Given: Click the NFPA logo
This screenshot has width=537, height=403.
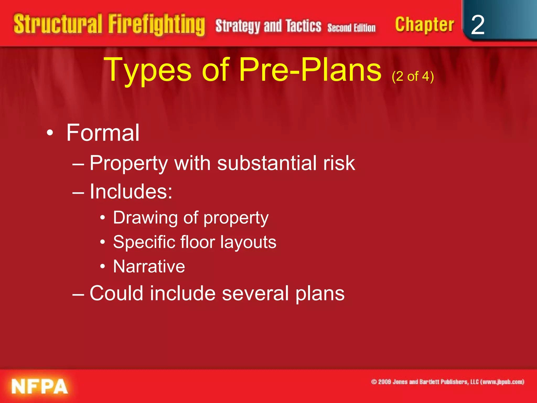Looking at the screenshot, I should pos(39,386).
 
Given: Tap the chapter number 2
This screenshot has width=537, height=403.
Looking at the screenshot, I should pos(477,25).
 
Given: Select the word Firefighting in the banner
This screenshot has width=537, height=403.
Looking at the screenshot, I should pos(157,25).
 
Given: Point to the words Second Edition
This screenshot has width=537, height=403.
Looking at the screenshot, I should pos(351,28).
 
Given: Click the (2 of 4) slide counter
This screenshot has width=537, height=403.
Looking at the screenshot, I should pos(413,76).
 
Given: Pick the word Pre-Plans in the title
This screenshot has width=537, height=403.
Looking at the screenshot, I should pos(310,70).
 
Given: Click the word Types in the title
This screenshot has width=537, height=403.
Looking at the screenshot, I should pos(148,70).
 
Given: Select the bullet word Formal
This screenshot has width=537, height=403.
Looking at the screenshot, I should pos(103,133).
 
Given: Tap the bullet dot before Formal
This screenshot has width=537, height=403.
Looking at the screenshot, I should pos(50,133).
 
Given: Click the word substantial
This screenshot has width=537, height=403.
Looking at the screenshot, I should pos(267,163).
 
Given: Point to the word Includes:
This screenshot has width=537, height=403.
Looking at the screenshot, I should pos(131,191).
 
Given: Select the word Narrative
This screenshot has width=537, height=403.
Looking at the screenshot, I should pos(149,266).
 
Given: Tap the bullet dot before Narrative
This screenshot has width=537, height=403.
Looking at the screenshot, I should pos(103,267).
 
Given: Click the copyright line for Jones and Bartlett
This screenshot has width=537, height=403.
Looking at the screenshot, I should pos(447,382).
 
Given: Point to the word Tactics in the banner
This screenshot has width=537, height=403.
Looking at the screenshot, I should pos(303,26).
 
